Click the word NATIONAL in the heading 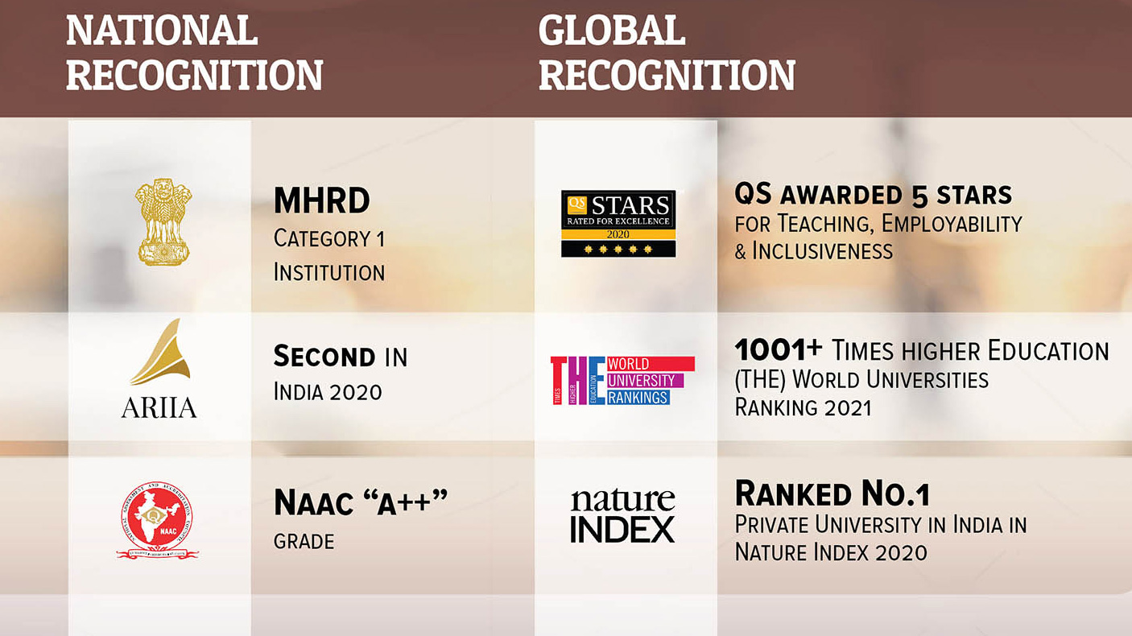pyautogui.click(x=162, y=31)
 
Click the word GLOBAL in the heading pyautogui.click(x=611, y=31)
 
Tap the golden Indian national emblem pyautogui.click(x=163, y=221)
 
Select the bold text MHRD pyautogui.click(x=322, y=200)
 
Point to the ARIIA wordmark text pyautogui.click(x=159, y=407)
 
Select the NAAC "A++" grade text pyautogui.click(x=361, y=502)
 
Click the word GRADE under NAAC pyautogui.click(x=304, y=542)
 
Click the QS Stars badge pyautogui.click(x=618, y=223)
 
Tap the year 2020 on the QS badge pyautogui.click(x=618, y=234)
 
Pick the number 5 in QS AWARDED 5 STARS pyautogui.click(x=919, y=196)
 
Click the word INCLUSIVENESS pyautogui.click(x=822, y=251)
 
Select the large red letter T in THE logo pyautogui.click(x=559, y=380)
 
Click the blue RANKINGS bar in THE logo pyautogui.click(x=638, y=398)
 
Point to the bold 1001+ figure pyautogui.click(x=779, y=349)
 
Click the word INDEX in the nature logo pyautogui.click(x=622, y=530)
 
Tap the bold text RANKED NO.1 pyautogui.click(x=832, y=494)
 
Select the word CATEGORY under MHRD pyautogui.click(x=322, y=238)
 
